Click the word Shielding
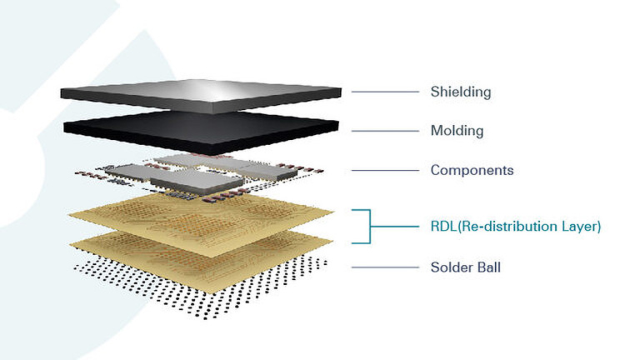tap(461, 91)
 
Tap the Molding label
tap(457, 131)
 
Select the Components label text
tap(472, 171)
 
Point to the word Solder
tap(451, 267)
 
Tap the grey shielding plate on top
tap(200, 94)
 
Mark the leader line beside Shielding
tap(385, 91)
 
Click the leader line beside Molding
tap(385, 131)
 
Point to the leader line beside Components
tap(385, 171)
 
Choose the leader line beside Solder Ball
tap(385, 267)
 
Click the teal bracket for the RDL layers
tap(367, 226)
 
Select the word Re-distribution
tap(509, 226)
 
